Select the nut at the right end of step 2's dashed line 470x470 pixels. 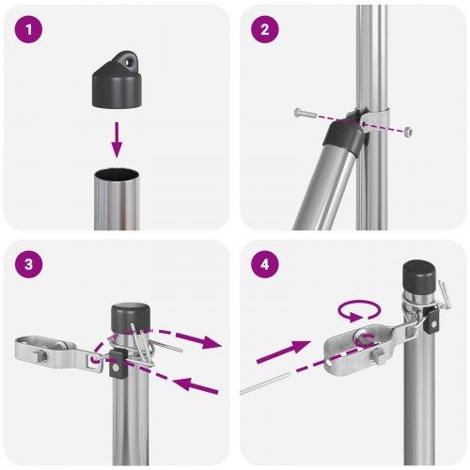408,133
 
